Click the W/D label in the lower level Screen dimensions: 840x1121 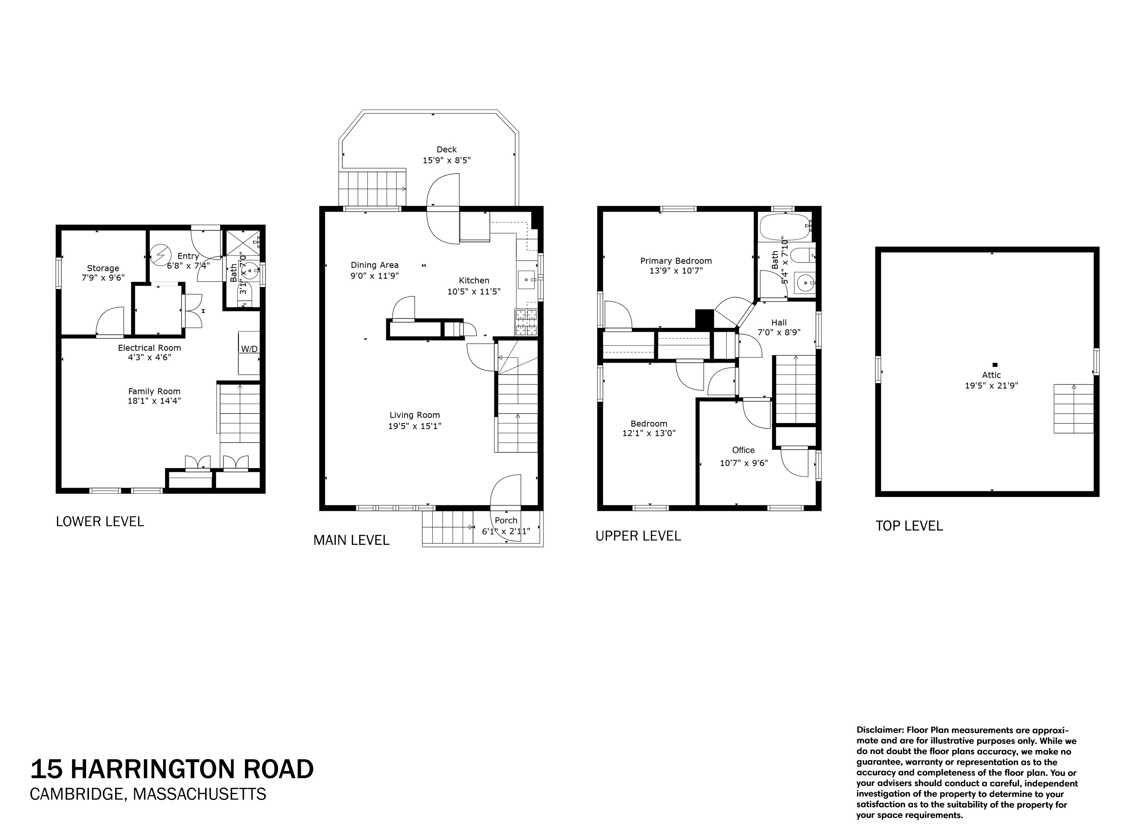point(249,349)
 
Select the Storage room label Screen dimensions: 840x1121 point(103,268)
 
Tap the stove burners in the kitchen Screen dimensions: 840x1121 point(526,323)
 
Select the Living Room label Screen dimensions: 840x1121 point(415,415)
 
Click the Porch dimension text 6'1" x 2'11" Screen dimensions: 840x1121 point(505,531)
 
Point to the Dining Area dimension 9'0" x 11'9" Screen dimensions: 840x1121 point(375,276)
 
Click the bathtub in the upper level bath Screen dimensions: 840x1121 point(783,226)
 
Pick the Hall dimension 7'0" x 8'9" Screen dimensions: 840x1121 point(779,333)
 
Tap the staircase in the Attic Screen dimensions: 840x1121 point(1073,409)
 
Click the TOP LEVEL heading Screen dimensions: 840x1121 point(909,526)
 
